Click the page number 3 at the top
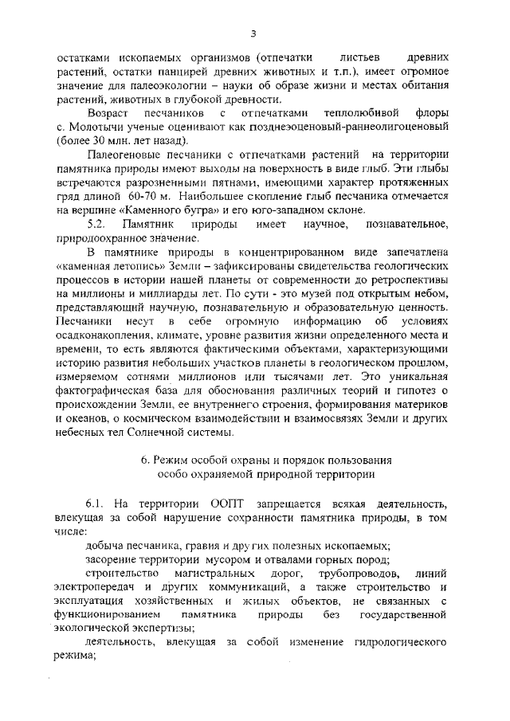pos(253,33)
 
